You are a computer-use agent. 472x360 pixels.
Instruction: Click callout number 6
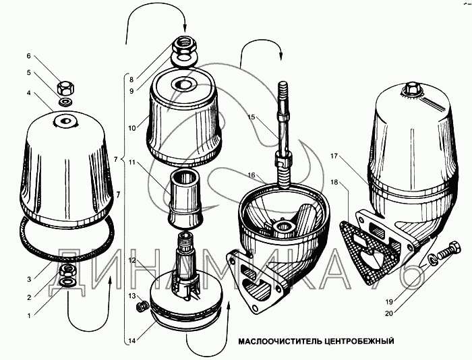tap(29, 56)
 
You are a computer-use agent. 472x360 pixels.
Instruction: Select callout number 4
tap(29, 92)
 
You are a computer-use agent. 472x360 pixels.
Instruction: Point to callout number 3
tap(29, 278)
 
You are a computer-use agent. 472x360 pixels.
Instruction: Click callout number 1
tap(29, 315)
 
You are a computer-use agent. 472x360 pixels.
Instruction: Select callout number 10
tap(133, 127)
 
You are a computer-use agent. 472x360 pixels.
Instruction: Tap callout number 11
tap(133, 162)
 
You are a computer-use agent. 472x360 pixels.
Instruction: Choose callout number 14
tap(133, 340)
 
